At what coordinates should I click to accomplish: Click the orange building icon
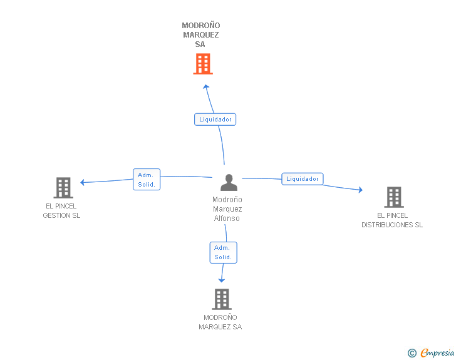tap(203, 64)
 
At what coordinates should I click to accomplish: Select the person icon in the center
tap(229, 182)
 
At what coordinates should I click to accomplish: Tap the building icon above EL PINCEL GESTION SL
tap(63, 188)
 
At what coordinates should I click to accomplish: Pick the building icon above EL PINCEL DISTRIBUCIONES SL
tap(394, 197)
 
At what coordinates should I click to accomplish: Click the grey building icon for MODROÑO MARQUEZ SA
tap(222, 299)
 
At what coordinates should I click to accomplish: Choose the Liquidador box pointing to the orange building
tap(215, 119)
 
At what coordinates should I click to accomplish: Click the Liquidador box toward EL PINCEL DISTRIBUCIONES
tap(303, 179)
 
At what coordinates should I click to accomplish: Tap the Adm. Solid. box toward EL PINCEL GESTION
tap(147, 180)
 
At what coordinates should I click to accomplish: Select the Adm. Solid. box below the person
tap(224, 252)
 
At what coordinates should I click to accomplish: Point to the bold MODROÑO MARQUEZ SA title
tap(200, 34)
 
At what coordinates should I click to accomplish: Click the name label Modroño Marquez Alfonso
tap(227, 208)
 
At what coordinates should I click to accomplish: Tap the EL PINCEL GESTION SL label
tap(61, 211)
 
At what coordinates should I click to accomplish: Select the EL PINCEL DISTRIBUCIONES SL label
tap(392, 220)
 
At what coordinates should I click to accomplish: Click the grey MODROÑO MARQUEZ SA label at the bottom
tap(220, 322)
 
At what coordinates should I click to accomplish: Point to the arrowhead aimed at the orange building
tap(206, 86)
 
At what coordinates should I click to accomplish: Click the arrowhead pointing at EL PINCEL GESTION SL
tap(82, 182)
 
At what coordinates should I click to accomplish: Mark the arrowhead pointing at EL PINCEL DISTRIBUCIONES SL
tap(361, 190)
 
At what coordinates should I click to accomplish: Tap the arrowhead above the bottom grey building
tap(222, 280)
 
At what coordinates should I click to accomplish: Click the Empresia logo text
tap(437, 352)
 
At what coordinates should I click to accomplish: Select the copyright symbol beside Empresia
tap(412, 353)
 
